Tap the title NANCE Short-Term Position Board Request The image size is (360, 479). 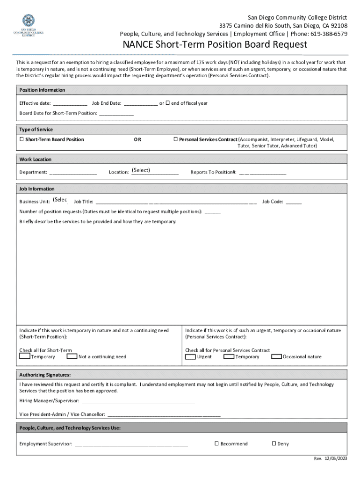pos(215,45)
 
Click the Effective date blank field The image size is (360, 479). pos(70,103)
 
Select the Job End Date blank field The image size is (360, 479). pos(141,103)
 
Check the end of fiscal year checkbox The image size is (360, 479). pos(168,103)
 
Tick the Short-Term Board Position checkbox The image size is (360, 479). pos(22,139)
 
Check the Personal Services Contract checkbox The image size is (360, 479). pos(176,139)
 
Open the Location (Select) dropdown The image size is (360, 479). pos(154,171)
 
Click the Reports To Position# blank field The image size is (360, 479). pos(262,172)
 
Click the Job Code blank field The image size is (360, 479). pos(294,202)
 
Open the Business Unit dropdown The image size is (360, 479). pos(60,200)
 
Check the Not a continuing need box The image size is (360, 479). pos(72,356)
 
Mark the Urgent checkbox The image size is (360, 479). pos(190,356)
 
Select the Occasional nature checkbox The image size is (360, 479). pos(276,356)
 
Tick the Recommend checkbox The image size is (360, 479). pos(216,443)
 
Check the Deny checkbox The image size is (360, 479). pos(274,443)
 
